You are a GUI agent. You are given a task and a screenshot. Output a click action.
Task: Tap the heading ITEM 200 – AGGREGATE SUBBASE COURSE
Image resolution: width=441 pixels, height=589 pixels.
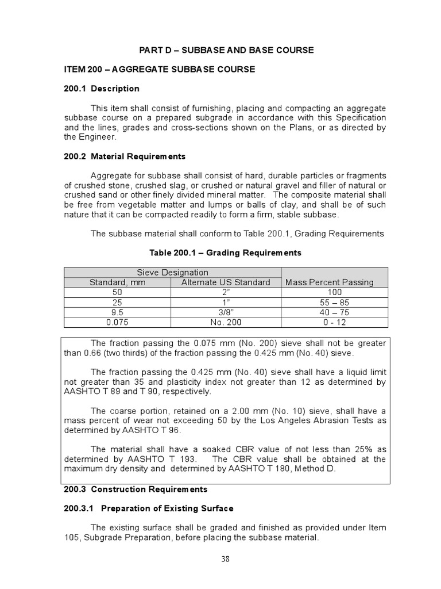point(159,69)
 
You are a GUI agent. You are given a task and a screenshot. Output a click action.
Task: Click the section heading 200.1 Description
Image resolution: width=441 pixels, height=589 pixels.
point(101,89)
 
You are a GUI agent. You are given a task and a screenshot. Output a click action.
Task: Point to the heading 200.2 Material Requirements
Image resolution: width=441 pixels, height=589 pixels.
point(125,156)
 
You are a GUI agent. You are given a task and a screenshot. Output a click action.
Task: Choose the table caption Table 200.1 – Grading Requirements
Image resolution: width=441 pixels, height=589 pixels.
point(225,253)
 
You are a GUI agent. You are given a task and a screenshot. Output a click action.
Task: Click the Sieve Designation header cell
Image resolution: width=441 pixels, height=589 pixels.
point(172,272)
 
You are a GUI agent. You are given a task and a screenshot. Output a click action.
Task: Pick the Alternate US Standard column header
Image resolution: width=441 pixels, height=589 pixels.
point(226,282)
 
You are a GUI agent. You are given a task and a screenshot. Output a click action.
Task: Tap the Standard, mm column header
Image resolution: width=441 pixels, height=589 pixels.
point(118,282)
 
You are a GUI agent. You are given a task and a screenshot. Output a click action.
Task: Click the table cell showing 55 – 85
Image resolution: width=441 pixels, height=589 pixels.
point(334,302)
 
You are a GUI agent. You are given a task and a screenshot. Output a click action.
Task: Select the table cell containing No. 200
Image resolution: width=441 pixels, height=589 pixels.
point(226,322)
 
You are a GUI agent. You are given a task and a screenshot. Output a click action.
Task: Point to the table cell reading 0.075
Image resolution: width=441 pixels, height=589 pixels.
point(118,322)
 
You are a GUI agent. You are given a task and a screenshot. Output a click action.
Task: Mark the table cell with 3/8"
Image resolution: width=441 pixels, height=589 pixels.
point(226,312)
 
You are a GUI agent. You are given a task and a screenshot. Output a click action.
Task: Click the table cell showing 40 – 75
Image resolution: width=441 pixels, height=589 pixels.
point(334,312)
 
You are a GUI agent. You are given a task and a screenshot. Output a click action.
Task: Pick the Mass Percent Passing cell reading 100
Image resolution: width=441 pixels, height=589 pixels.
point(334,292)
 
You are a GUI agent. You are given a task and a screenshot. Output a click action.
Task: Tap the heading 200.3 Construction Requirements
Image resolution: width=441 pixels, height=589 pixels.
point(135,489)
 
